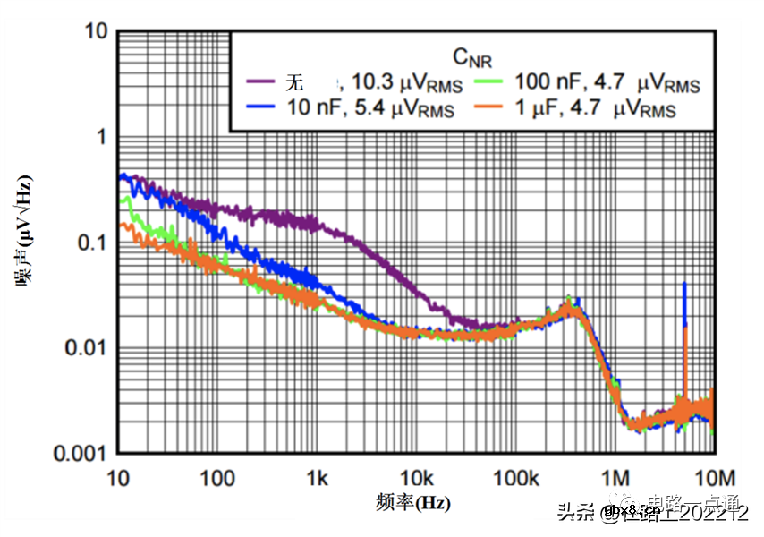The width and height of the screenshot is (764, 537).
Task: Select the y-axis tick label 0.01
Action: coord(83,348)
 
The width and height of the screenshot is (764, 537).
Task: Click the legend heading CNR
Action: coord(471,59)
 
